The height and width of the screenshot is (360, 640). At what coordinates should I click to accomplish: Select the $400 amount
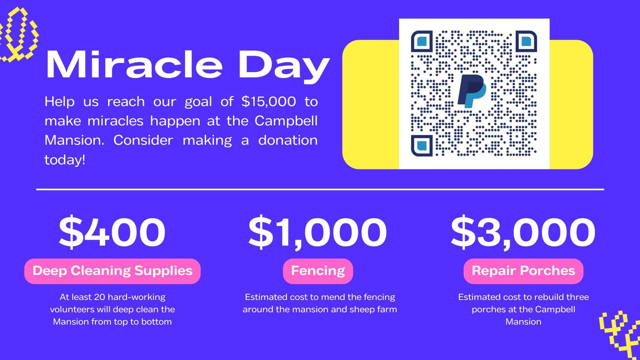[x=112, y=232]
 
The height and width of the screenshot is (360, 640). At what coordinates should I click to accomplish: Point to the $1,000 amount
[x=318, y=232]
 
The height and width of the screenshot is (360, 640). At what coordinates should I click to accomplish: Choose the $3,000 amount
[x=523, y=232]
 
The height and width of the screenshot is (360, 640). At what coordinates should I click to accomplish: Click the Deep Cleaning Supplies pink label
[x=112, y=271]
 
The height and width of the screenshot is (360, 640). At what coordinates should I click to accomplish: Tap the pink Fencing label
[x=318, y=271]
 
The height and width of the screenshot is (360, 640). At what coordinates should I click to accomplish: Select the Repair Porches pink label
[x=523, y=271]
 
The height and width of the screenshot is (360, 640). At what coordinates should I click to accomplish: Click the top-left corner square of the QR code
[x=421, y=42]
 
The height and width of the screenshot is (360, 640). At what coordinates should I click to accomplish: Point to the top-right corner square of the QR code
[x=526, y=42]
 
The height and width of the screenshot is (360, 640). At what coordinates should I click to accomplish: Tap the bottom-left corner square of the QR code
[x=421, y=146]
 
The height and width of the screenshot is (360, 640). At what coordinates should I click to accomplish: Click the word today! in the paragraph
[x=65, y=160]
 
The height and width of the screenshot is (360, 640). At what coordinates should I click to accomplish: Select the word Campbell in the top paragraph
[x=286, y=121]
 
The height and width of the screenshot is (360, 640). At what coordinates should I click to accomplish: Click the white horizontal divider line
[x=320, y=189]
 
